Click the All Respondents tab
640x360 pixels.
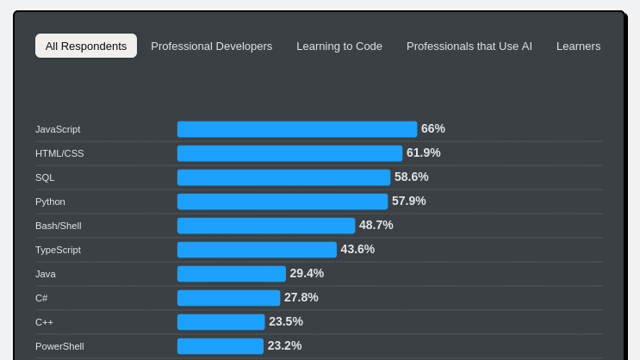(x=86, y=46)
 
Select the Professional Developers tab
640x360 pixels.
(x=211, y=46)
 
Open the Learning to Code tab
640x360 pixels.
(x=339, y=46)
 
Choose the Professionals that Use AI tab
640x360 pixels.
(x=469, y=46)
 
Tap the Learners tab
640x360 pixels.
(x=578, y=46)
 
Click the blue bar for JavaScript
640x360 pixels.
(x=297, y=129)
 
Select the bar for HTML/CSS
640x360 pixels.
(x=289, y=153)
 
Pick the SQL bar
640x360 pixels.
(x=283, y=177)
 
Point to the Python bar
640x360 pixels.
(x=283, y=202)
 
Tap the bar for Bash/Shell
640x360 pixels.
(x=266, y=226)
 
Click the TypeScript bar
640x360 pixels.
(x=257, y=250)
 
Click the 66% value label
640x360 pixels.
(x=433, y=129)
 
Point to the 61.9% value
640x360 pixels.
(x=424, y=153)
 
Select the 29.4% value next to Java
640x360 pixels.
(x=307, y=274)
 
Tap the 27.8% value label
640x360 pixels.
(x=301, y=298)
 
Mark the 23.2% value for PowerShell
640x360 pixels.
(x=285, y=346)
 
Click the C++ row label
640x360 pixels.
(x=44, y=322)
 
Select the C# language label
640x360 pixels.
(x=41, y=298)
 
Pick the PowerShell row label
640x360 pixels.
(x=59, y=346)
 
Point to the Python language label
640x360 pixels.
(x=50, y=202)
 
